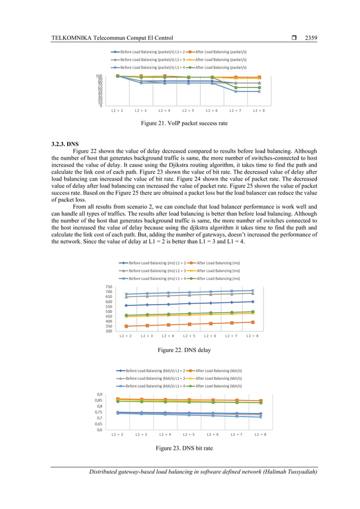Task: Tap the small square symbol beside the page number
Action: click(295, 38)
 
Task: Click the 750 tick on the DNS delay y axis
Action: click(108, 287)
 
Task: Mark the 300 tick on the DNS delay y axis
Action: click(108, 331)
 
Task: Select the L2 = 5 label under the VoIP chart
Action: click(188, 111)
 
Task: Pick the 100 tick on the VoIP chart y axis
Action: click(99, 76)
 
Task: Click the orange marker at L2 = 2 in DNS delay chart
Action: click(126, 326)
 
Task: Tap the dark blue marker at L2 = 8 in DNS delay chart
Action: click(252, 301)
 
